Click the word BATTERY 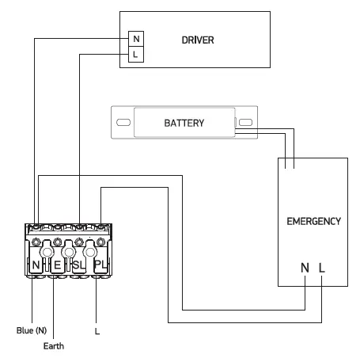point(184,124)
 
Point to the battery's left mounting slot point(123,124)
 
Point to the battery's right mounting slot point(245,124)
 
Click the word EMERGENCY point(313,221)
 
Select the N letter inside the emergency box point(305,269)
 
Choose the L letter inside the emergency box point(321,269)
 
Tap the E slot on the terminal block point(59,263)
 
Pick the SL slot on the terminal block point(79,263)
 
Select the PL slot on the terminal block point(100,263)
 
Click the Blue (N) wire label point(32,330)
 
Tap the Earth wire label point(54,345)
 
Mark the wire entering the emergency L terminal point(321,305)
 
